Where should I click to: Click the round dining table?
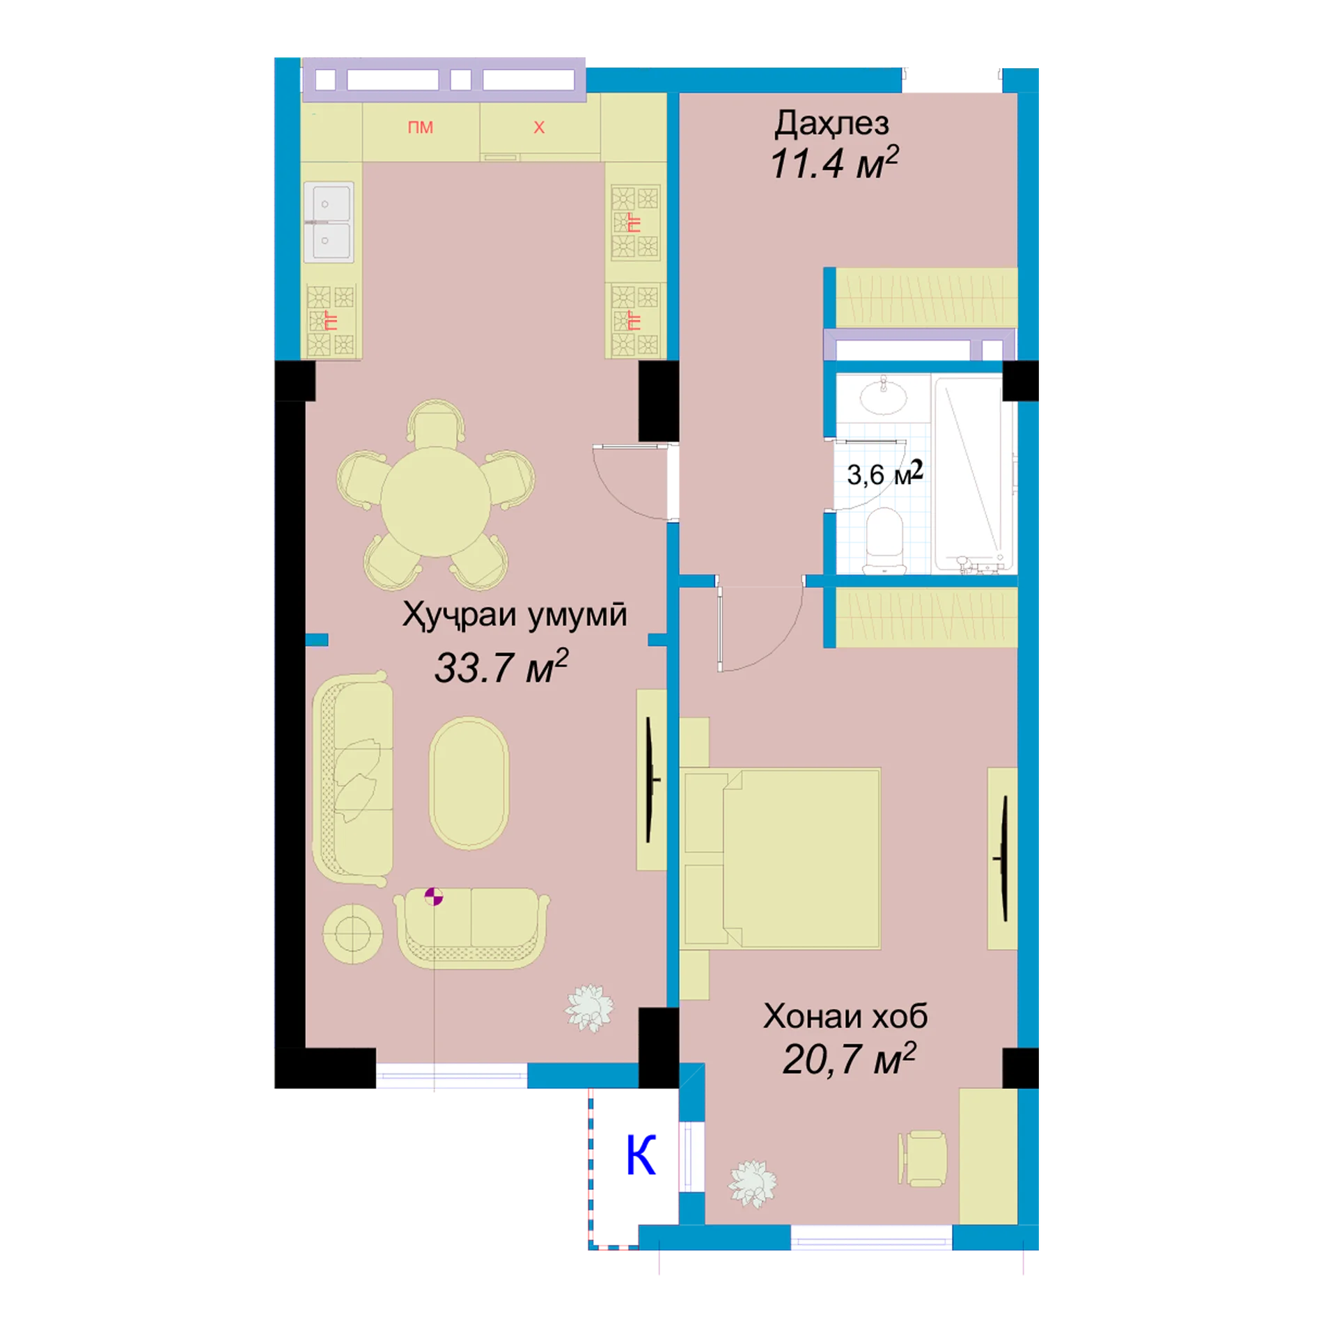435,501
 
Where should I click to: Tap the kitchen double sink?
329,222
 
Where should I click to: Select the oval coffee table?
469,783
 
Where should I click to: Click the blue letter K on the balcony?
641,1155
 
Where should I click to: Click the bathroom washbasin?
884,397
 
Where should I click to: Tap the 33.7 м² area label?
501,666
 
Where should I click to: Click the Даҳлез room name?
831,123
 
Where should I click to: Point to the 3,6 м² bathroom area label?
884,474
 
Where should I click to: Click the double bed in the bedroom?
781,859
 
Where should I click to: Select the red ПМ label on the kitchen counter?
421,127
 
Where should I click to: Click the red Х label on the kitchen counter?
539,127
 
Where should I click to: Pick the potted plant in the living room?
590,1008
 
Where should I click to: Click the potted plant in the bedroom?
752,1183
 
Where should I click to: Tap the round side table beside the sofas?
352,934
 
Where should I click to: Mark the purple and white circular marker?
434,896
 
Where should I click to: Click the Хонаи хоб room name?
845,1016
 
